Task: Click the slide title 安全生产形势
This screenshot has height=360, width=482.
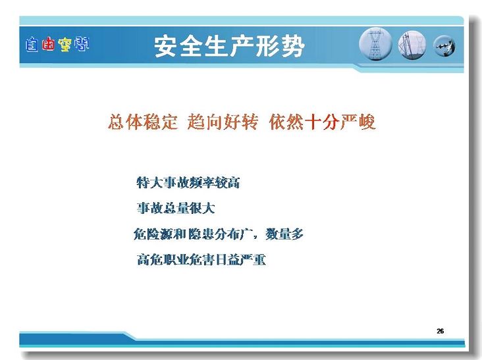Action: pos(229,46)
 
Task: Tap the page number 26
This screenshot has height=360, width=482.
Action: pos(440,331)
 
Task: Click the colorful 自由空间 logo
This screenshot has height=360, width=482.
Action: pos(57,45)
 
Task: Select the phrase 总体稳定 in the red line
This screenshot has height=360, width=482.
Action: pos(143,122)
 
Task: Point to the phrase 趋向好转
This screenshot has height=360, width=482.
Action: pos(223,122)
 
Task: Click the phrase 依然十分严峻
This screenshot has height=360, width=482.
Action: pos(322,122)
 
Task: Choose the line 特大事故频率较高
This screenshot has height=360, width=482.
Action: pos(188,182)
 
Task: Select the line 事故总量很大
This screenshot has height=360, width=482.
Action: pos(176,208)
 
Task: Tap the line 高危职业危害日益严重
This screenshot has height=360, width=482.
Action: pos(201,259)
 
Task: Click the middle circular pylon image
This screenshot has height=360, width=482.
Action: pos(412,45)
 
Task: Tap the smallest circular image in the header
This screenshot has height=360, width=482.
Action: pos(444,46)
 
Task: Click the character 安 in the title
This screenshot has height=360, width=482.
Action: pos(166,46)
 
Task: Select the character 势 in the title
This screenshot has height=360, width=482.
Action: pos(292,46)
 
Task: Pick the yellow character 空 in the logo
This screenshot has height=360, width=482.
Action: pos(65,45)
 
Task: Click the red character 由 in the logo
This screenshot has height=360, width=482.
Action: pos(48,45)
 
